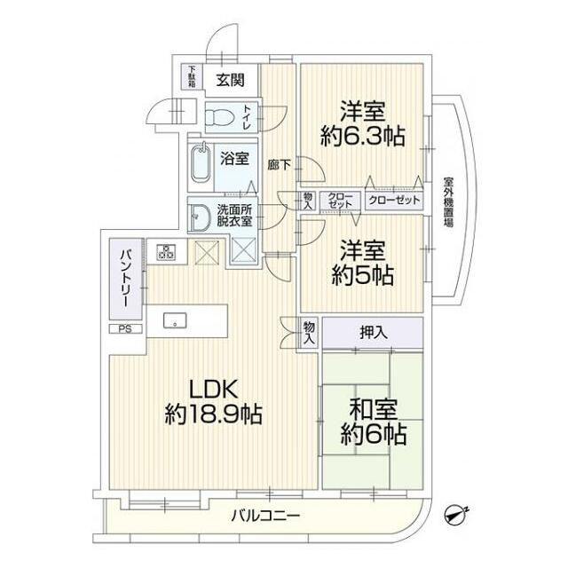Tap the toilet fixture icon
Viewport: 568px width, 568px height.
[x=219, y=115]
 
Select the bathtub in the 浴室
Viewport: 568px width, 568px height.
[x=205, y=164]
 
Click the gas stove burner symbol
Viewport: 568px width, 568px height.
[x=163, y=252]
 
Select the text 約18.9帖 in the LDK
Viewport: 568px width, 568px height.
[x=213, y=414]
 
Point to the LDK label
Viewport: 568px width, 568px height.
[x=212, y=388]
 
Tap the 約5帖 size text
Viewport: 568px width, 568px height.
[x=362, y=276]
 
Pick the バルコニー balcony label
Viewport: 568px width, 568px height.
[x=266, y=516]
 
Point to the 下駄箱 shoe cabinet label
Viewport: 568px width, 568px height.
[x=192, y=77]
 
